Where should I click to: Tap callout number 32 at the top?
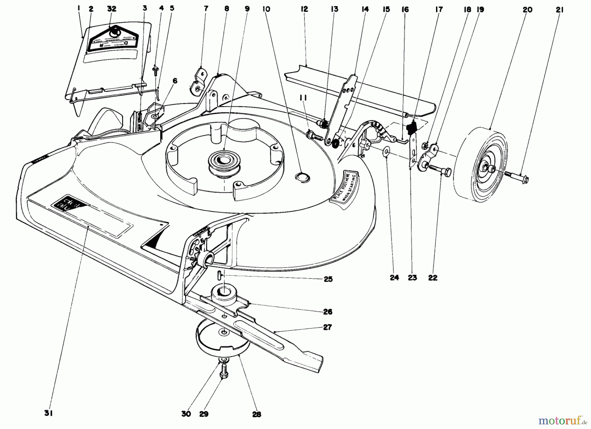[112, 9]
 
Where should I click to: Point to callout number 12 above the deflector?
[304, 9]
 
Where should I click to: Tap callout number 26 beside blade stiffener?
[327, 312]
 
